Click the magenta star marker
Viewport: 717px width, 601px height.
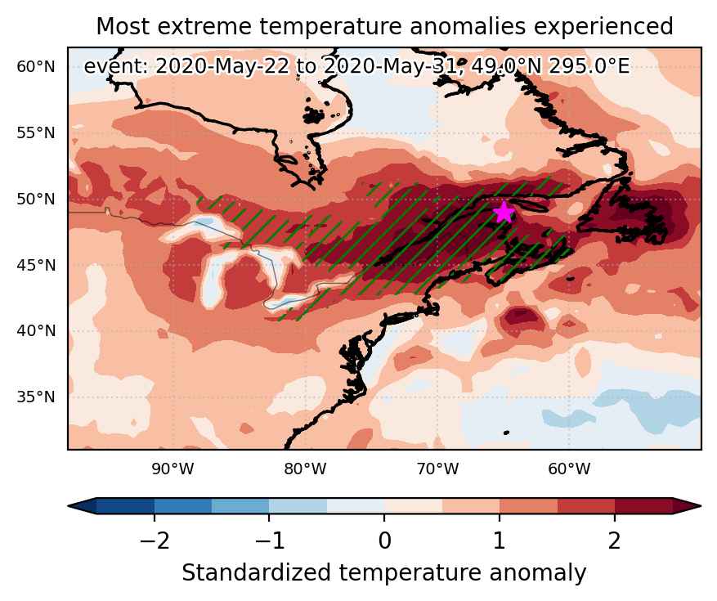click(504, 212)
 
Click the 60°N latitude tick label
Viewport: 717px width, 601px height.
click(36, 67)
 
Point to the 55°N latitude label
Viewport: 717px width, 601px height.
click(36, 133)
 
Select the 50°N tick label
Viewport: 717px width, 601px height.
click(36, 200)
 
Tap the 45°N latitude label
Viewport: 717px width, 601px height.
click(36, 265)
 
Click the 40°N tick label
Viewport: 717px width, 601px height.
click(36, 330)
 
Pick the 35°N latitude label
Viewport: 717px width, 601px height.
click(36, 397)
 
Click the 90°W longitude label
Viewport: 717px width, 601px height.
click(173, 469)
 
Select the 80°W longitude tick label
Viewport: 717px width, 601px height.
click(305, 469)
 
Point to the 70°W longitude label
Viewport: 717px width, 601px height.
click(437, 469)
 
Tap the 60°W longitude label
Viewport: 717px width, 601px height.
click(569, 469)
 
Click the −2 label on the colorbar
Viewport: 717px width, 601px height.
click(155, 541)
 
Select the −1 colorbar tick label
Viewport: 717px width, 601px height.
click(269, 541)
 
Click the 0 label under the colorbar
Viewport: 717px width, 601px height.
click(384, 541)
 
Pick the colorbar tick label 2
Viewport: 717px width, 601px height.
click(615, 541)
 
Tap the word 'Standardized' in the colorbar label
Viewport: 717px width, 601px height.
click(256, 573)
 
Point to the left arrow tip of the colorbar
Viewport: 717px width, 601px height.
click(68, 506)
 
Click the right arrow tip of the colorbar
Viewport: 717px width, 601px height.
click(701, 506)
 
